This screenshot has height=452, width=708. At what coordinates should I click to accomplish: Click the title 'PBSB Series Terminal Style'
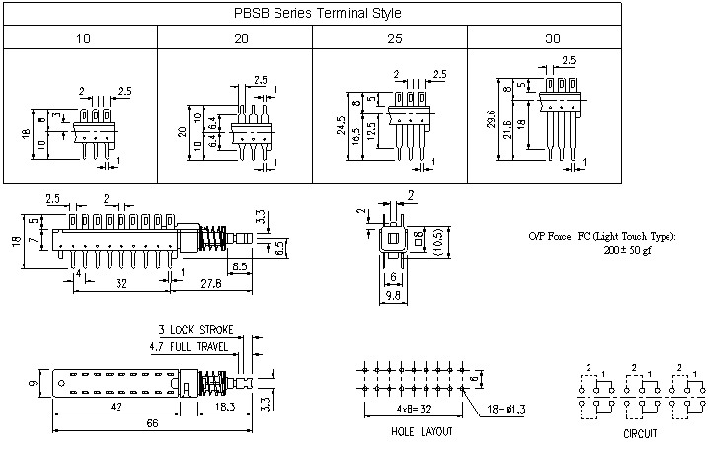[317, 13]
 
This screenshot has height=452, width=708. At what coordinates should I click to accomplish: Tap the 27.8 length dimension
[210, 285]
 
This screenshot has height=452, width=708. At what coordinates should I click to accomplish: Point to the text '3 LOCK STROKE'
[195, 330]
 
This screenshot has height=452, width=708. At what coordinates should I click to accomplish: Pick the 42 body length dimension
[116, 406]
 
